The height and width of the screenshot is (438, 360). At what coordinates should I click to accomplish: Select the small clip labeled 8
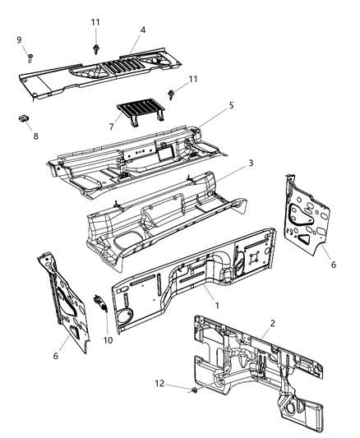coord(23,118)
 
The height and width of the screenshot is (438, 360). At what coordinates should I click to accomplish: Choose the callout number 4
coord(142,31)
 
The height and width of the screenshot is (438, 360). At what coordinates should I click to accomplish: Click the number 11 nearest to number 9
coord(95,22)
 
